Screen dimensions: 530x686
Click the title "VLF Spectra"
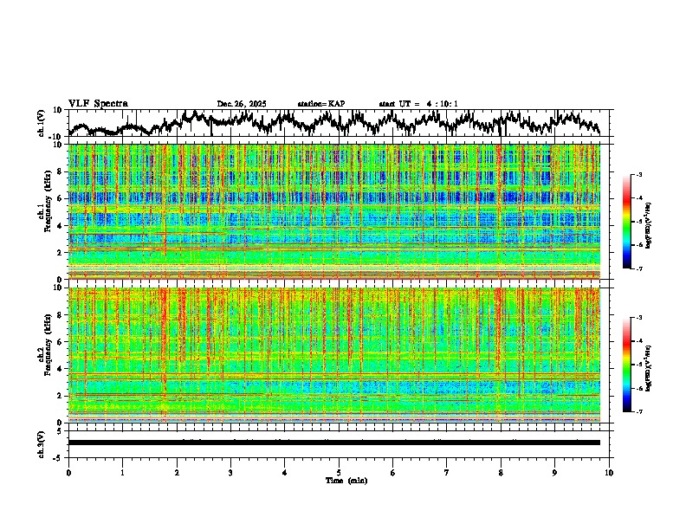tap(98, 103)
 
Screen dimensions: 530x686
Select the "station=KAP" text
tap(320, 104)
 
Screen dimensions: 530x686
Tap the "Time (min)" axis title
tap(346, 480)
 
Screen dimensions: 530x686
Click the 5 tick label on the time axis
tap(339, 472)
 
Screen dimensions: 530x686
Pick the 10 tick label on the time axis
tap(609, 472)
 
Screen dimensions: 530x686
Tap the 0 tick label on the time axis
tap(68, 472)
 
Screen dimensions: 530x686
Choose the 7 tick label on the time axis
tap(447, 472)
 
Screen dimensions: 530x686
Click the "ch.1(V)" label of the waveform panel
tap(41, 123)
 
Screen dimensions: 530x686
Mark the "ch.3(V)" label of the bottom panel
tap(41, 443)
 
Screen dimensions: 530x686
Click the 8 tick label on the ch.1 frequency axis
tap(60, 171)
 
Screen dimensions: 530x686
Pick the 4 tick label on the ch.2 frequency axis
tap(60, 368)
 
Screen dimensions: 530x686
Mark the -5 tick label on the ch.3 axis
tap(57, 456)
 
